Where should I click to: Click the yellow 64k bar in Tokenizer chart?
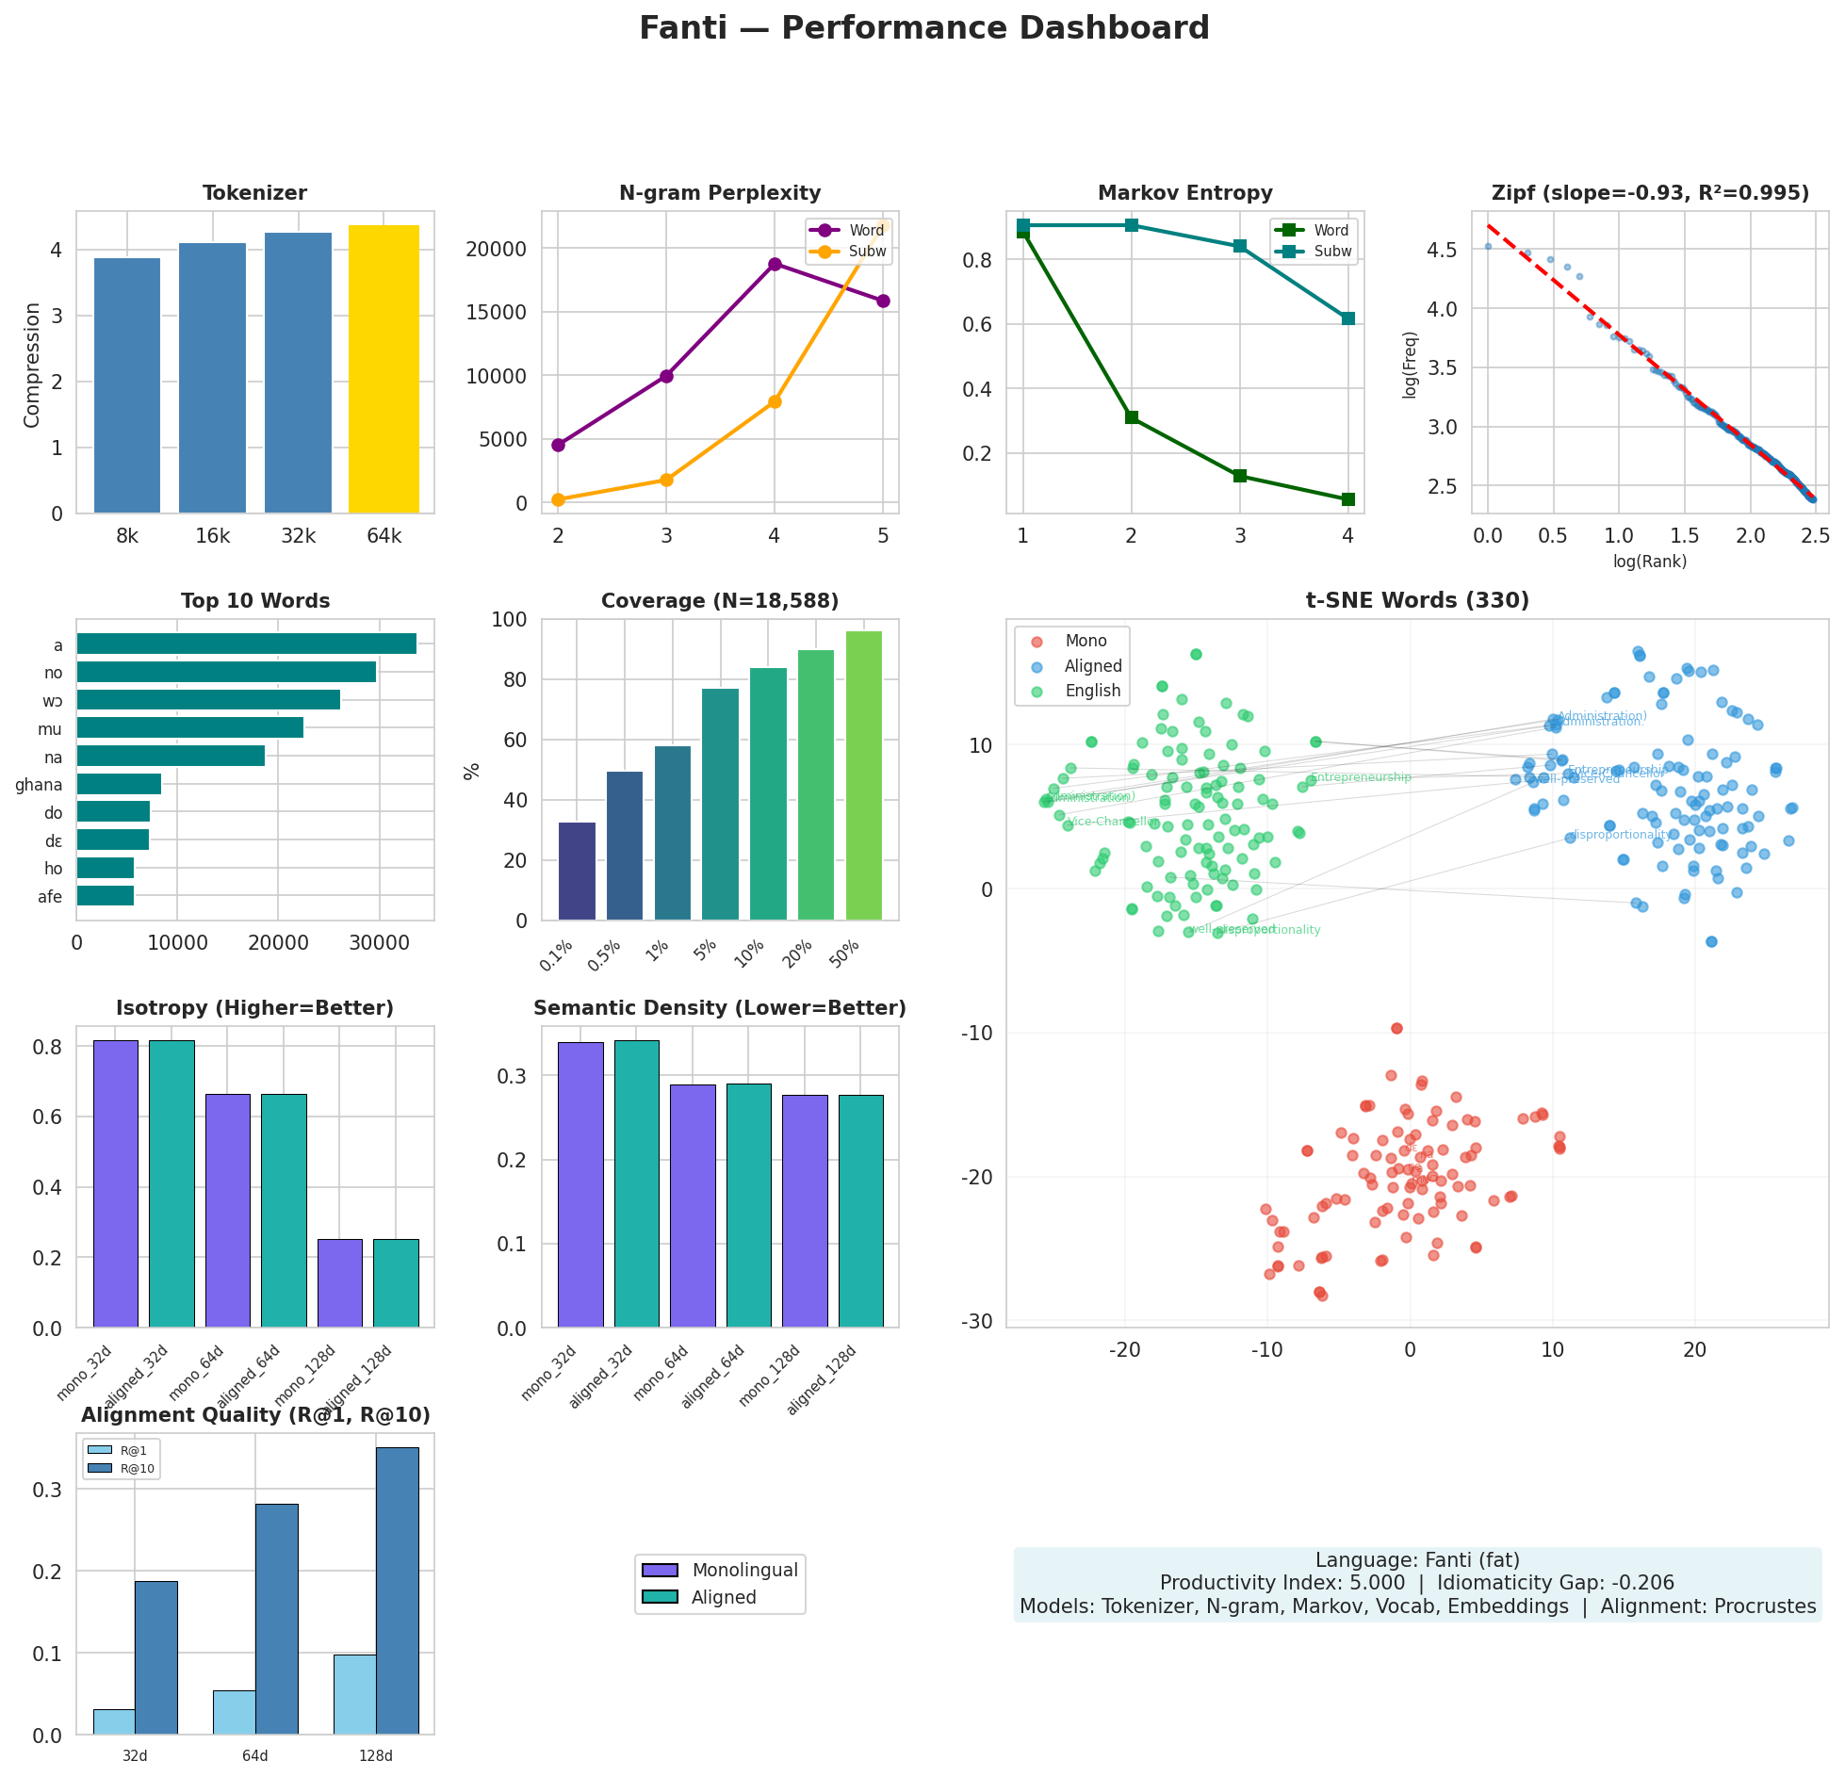coord(384,369)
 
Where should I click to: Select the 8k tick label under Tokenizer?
coord(127,537)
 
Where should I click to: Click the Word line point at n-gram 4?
coord(775,264)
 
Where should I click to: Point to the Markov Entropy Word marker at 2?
coord(1132,417)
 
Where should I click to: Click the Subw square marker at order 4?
coord(1347,318)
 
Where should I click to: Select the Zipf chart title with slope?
coord(1650,193)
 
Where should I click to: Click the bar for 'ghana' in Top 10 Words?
coord(119,784)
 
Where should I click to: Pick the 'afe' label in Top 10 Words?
coord(50,897)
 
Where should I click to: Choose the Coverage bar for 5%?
coord(720,804)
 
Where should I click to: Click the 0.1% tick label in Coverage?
coord(556,955)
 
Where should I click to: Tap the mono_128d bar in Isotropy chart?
coord(339,1283)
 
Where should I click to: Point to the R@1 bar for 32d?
coord(114,1720)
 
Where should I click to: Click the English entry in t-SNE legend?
coord(1092,691)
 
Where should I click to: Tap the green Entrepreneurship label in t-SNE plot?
coord(1361,777)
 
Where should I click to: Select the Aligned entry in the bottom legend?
coord(723,1597)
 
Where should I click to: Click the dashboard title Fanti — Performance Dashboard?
coord(923,28)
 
